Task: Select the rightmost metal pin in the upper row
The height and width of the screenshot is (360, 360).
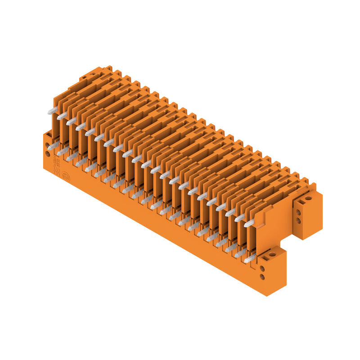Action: (x=249, y=223)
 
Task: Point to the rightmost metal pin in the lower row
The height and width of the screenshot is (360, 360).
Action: (x=250, y=258)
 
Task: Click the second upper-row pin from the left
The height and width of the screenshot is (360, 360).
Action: (x=62, y=116)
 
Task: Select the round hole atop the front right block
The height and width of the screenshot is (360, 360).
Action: (x=272, y=255)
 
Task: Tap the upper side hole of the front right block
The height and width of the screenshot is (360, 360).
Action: (x=262, y=268)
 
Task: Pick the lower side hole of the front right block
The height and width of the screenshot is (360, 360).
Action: (x=262, y=277)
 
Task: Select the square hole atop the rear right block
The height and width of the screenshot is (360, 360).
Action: (x=301, y=202)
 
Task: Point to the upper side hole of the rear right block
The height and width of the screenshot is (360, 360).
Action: (x=298, y=211)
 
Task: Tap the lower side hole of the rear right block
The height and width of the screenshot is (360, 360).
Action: (x=298, y=220)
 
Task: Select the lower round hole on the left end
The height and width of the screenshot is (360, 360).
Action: (x=47, y=154)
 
